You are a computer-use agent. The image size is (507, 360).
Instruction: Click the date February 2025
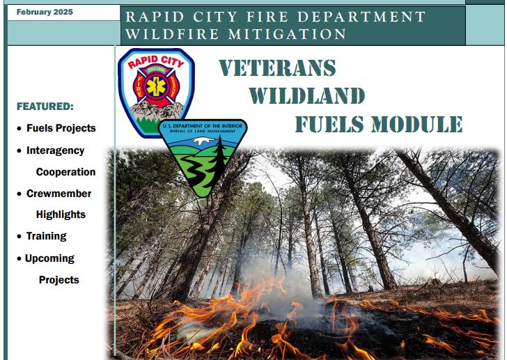click(x=44, y=13)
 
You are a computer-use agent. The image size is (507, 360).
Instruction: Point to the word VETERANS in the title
click(x=277, y=68)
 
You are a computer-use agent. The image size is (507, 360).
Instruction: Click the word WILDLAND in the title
click(x=306, y=96)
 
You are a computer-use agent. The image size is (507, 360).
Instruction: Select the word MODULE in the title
click(x=416, y=124)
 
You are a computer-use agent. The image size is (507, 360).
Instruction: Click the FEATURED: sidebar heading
click(x=45, y=107)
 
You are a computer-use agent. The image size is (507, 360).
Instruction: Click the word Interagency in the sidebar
click(x=55, y=150)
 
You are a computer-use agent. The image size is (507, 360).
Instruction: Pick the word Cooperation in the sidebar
click(x=65, y=172)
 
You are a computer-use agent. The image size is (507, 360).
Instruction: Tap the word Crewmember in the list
click(x=58, y=194)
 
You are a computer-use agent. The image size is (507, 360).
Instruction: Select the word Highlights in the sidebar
click(x=61, y=215)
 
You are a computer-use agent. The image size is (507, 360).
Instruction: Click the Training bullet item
click(x=46, y=237)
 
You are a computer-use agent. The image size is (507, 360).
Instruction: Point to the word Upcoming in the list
click(x=49, y=258)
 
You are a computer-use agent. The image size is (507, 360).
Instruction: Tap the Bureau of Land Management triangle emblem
click(x=202, y=157)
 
